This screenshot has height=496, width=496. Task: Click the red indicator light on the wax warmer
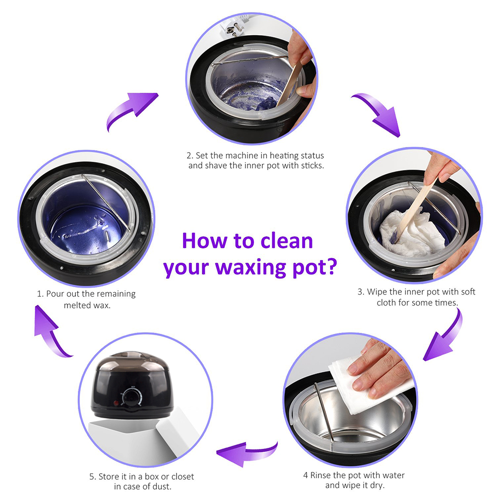(116, 403)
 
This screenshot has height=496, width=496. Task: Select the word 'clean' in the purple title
(287, 241)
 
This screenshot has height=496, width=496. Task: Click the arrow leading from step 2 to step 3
(379, 114)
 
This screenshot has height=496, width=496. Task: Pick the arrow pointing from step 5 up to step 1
(51, 332)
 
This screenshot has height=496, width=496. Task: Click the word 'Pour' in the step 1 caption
(55, 294)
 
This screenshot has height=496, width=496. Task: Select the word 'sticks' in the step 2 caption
(312, 166)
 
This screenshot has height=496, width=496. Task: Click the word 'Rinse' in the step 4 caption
(320, 475)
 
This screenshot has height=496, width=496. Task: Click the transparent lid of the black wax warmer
(132, 361)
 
